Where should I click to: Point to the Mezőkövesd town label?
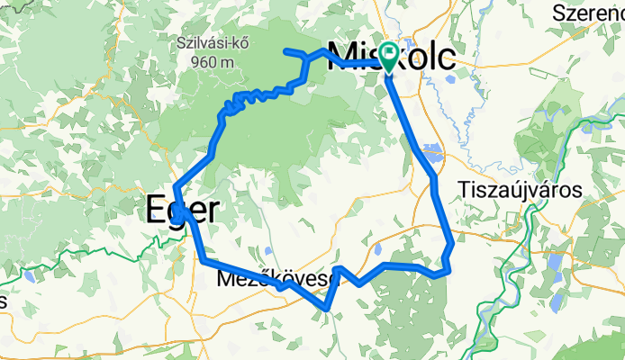tap(277, 280)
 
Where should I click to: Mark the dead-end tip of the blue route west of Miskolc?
tap(285, 50)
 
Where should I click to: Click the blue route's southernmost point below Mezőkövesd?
tap(327, 309)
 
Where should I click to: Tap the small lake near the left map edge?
tap(31, 276)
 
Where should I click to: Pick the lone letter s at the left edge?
tap(3, 301)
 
